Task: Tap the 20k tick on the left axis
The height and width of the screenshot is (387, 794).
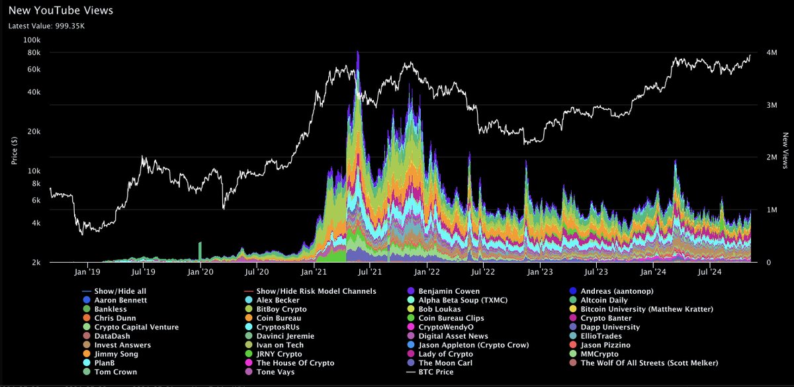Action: (32, 132)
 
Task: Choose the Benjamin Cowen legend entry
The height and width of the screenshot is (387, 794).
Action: (449, 291)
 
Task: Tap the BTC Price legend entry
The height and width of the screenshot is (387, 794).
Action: (434, 372)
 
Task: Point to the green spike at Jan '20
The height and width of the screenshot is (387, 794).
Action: (200, 251)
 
